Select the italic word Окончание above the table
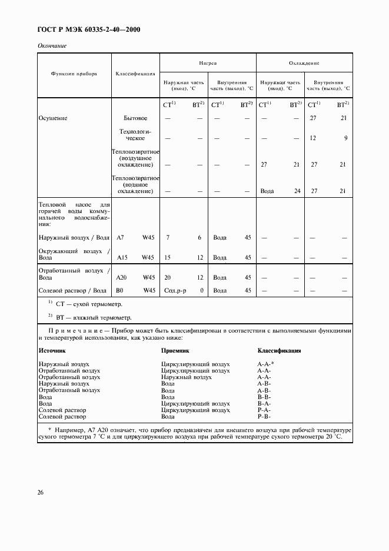click(52, 45)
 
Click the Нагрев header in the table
click(208, 62)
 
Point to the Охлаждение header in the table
click(304, 62)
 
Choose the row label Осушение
click(53, 118)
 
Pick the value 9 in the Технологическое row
click(344, 138)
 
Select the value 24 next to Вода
click(297, 191)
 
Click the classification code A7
click(121, 238)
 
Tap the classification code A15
click(122, 257)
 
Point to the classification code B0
click(120, 290)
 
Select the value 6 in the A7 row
click(200, 238)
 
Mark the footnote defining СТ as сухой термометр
click(85, 304)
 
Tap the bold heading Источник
click(52, 350)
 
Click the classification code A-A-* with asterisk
click(266, 364)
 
